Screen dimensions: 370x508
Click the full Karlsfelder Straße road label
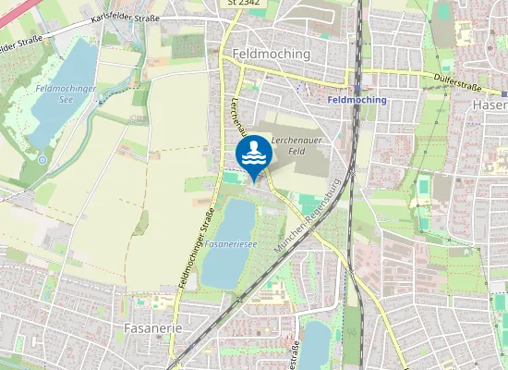coord(126,18)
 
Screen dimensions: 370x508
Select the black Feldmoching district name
coord(272,54)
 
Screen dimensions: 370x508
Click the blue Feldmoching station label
coord(357,99)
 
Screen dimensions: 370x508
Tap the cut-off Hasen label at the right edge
coord(490,105)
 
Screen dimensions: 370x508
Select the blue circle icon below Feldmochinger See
coord(42,159)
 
